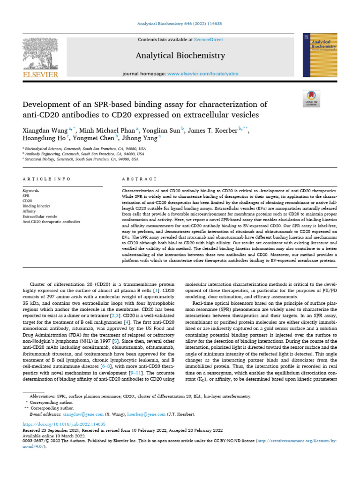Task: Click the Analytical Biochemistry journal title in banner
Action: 180,56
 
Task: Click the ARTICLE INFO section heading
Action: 47,179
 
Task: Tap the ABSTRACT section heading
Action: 139,179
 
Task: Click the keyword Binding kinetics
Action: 35,206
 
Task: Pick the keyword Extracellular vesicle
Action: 39,216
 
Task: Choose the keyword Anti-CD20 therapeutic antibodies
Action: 52,221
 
